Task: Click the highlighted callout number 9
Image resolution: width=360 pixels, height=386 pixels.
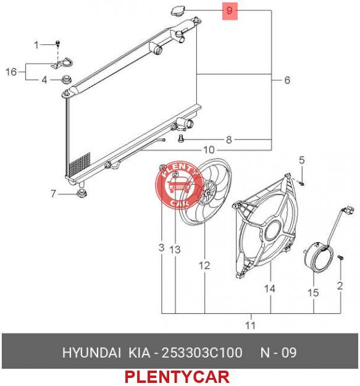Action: click(229, 11)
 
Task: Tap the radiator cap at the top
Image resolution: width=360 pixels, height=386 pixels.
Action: click(178, 10)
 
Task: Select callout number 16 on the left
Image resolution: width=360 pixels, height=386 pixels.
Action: click(11, 72)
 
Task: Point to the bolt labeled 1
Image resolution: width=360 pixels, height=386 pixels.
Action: click(58, 44)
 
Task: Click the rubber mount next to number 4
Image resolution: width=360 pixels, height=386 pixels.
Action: click(66, 80)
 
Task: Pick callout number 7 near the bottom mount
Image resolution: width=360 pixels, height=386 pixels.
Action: click(53, 193)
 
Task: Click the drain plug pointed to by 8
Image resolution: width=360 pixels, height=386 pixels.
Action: click(180, 139)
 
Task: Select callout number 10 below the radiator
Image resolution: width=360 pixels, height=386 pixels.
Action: click(209, 149)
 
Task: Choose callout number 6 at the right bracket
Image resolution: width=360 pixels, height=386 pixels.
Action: click(287, 80)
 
